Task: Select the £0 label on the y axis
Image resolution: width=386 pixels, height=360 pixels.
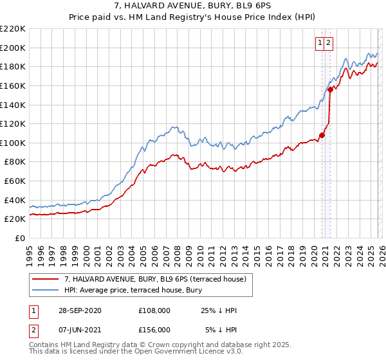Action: tap(20, 238)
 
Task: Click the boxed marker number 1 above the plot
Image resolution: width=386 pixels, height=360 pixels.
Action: tap(320, 43)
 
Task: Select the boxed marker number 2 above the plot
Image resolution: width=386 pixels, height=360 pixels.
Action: tap(328, 43)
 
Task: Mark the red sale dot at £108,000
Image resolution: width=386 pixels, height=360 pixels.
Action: tap(322, 135)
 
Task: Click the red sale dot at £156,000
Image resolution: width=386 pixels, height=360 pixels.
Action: tap(330, 89)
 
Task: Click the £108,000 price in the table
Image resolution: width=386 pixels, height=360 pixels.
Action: tap(154, 310)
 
